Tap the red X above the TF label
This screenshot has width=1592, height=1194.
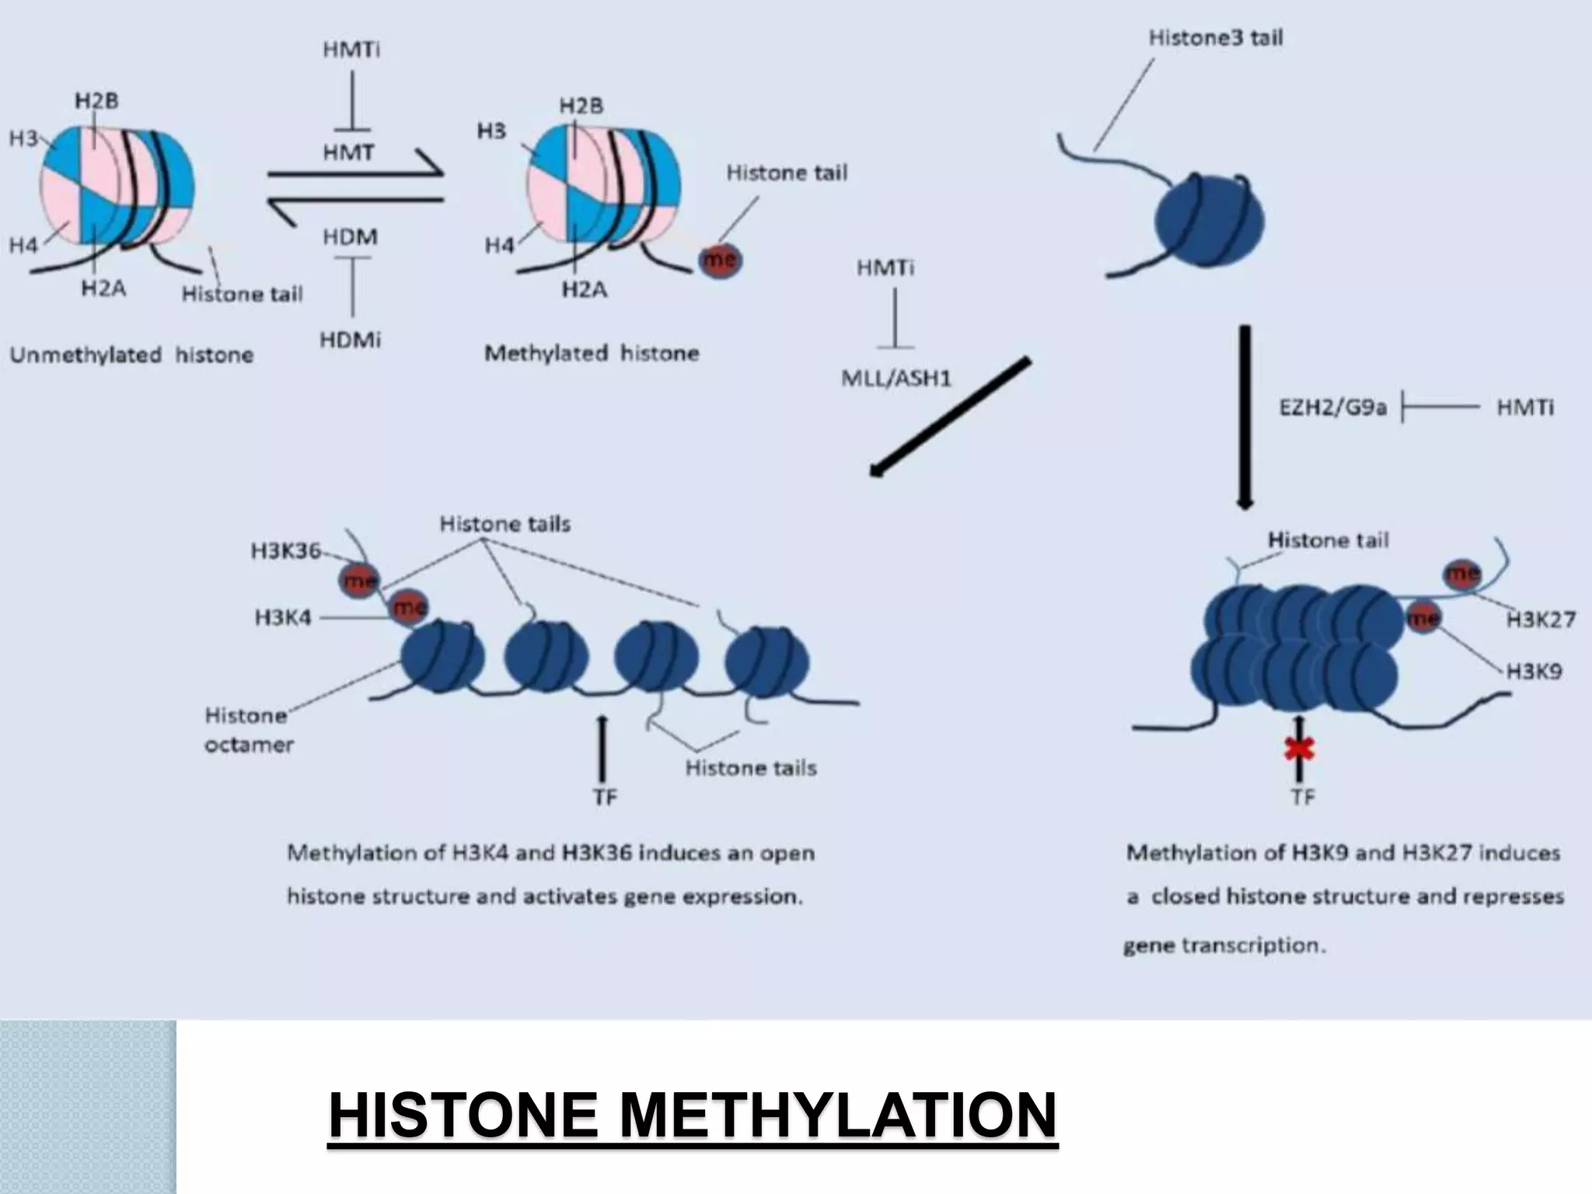[1299, 749]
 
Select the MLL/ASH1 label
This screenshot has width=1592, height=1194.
[896, 379]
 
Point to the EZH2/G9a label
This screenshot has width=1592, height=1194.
[1332, 407]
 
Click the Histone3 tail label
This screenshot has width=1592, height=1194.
[1216, 37]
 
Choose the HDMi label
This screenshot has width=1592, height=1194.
[351, 340]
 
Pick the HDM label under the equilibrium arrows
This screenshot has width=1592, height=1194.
[351, 236]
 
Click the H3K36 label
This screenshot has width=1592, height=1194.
[285, 551]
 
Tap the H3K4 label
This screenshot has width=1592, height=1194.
[283, 618]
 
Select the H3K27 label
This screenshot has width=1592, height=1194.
[1541, 620]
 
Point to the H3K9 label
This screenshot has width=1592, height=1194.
[1534, 671]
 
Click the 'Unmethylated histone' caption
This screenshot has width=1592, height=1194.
[131, 355]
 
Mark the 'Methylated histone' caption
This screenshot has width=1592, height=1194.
[592, 354]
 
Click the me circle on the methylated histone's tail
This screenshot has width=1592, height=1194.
[720, 260]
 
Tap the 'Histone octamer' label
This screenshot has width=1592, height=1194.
[249, 729]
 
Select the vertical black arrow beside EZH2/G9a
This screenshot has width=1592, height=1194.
[1245, 417]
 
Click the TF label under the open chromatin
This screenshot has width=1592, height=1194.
[605, 797]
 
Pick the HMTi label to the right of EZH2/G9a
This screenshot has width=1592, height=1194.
[1525, 407]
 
